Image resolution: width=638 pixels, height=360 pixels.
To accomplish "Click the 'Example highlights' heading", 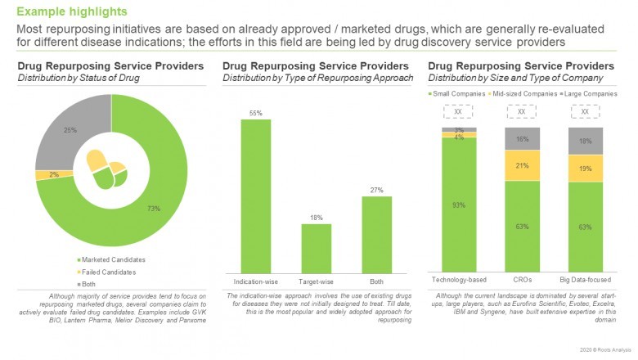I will (72, 11).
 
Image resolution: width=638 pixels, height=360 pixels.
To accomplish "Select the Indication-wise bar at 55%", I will (256, 196).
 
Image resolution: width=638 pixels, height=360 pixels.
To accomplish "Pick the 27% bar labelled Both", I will (376, 234).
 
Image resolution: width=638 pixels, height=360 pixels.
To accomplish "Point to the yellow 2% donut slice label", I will (53, 174).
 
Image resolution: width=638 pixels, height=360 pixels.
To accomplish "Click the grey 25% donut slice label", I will (70, 130).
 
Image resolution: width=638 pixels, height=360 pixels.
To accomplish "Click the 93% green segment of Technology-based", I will (459, 205).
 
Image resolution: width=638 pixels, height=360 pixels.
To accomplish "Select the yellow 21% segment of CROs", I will (522, 166).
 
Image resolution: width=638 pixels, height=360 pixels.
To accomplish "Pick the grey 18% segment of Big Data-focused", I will (585, 141).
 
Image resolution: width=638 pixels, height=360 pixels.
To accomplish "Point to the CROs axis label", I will (522, 280).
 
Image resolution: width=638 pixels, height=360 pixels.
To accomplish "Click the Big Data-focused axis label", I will (585, 280).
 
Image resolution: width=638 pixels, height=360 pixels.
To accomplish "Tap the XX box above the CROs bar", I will (522, 111).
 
